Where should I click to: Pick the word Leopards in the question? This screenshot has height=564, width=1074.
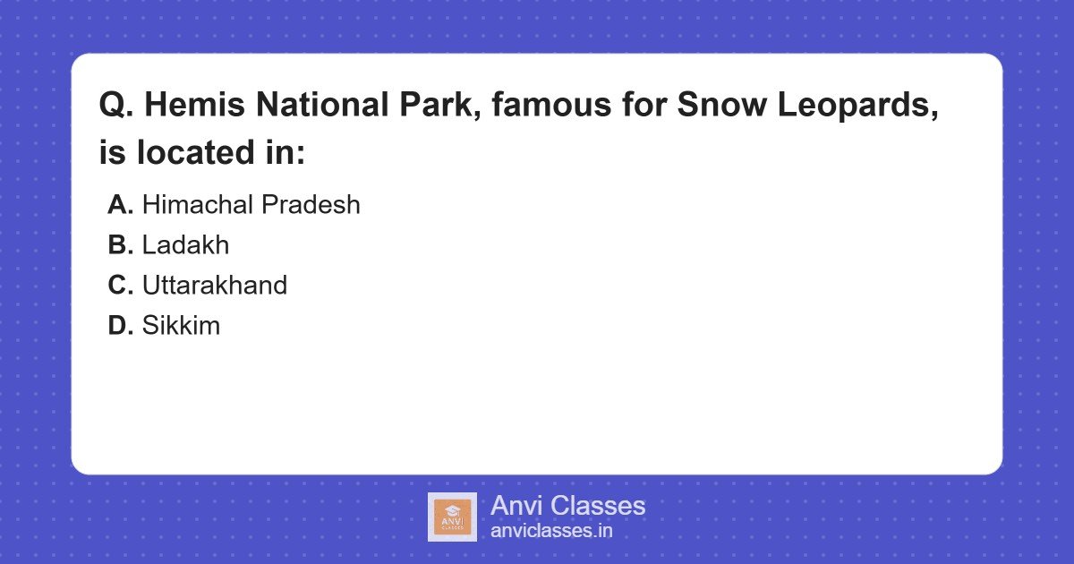pyautogui.click(x=854, y=107)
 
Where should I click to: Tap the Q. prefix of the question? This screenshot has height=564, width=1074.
pyautogui.click(x=116, y=107)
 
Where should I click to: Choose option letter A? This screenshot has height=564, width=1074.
pyautogui.click(x=121, y=205)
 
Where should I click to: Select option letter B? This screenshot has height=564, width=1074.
pyautogui.click(x=121, y=245)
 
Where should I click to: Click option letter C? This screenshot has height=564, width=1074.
pyautogui.click(x=121, y=286)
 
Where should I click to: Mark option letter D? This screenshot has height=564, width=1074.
pyautogui.click(x=121, y=326)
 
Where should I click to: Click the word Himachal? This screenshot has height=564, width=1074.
pyautogui.click(x=197, y=205)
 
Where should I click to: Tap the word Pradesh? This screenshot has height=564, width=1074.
pyautogui.click(x=310, y=205)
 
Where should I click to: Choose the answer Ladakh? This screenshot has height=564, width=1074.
pyautogui.click(x=185, y=245)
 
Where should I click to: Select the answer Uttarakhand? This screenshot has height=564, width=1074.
pyautogui.click(x=215, y=286)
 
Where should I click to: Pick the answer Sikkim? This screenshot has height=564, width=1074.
pyautogui.click(x=181, y=326)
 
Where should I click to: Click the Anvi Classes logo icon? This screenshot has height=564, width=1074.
pyautogui.click(x=452, y=517)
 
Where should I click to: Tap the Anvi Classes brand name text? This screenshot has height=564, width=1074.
pyautogui.click(x=567, y=506)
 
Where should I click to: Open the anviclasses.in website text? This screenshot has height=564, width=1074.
pyautogui.click(x=551, y=531)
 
